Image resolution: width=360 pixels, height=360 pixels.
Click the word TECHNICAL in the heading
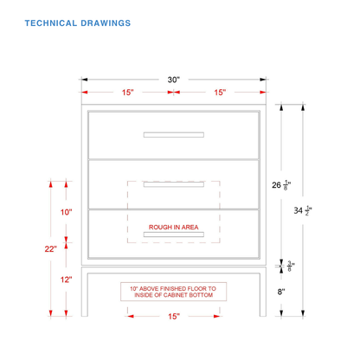pos(51,23)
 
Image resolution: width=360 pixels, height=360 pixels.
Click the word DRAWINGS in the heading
pos(106,23)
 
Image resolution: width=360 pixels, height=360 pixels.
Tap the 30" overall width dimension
pos(174,80)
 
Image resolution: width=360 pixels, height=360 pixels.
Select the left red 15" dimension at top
pos(127,93)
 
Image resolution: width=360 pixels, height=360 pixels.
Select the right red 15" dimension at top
pos(220,93)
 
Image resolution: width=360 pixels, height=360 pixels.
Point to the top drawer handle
pos(174,135)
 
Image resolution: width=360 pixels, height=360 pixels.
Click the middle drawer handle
pos(174,184)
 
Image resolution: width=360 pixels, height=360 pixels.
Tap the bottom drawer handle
pos(174,235)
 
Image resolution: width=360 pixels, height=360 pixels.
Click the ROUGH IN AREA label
pos(174,227)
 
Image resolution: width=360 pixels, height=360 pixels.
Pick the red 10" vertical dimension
pos(66,212)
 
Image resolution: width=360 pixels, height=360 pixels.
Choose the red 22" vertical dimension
pos(51,248)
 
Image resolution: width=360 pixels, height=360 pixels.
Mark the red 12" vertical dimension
pos(66,280)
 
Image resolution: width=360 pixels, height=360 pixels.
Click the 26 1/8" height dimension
pos(281,185)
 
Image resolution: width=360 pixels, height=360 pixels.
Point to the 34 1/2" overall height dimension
pos(303,210)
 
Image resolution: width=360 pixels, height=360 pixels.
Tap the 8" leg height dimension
pos(281,292)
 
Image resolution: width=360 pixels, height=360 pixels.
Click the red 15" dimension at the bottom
pos(174,317)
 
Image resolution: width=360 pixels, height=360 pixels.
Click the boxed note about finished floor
pos(173,292)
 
